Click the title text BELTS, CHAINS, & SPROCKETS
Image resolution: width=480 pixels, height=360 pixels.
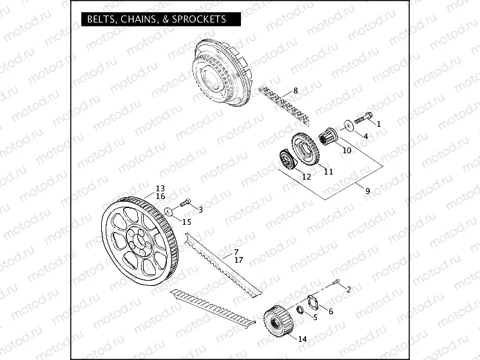(157, 19)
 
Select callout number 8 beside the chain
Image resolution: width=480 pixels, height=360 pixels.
(295, 91)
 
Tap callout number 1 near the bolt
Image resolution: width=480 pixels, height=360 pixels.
(379, 124)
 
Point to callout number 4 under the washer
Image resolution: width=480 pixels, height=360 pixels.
(365, 136)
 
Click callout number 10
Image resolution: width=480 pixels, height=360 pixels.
(347, 151)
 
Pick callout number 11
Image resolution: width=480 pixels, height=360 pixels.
(328, 171)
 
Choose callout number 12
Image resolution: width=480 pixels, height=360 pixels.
(307, 176)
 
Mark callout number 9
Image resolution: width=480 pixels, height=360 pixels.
(368, 191)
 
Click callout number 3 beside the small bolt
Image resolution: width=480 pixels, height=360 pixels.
(200, 209)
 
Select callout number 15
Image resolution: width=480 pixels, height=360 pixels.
(187, 222)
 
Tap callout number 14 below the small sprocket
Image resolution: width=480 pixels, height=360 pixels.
(303, 338)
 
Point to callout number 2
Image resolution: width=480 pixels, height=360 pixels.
(349, 290)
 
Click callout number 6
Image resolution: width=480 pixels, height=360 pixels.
(331, 312)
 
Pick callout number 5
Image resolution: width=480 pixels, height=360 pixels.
(315, 317)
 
